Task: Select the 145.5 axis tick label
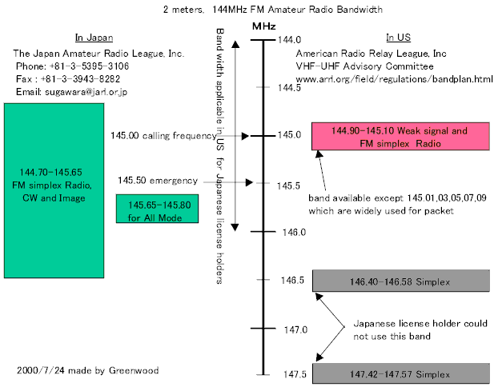pos(287,186)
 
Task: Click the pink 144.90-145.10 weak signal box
pos(400,137)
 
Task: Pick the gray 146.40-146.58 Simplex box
pos(400,281)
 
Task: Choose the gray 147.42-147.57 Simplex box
pos(400,373)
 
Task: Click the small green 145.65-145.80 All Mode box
pos(159,209)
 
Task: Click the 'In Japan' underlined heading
pos(94,38)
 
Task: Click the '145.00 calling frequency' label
pos(163,136)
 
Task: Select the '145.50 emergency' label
pos(157,181)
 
